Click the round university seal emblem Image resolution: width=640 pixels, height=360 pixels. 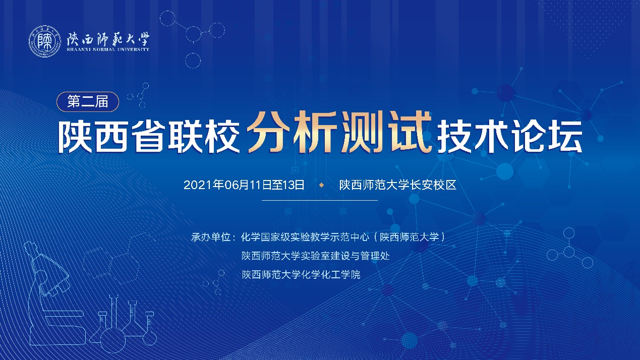(x=45, y=41)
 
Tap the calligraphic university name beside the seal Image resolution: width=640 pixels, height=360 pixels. (x=108, y=39)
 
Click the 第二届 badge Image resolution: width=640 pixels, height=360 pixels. (x=88, y=101)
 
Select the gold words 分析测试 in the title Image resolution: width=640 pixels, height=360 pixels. (x=339, y=132)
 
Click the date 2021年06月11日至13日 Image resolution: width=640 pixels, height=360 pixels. (x=244, y=185)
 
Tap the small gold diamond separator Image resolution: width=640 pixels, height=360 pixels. (x=322, y=186)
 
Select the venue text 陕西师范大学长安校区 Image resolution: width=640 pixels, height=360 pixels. (x=398, y=185)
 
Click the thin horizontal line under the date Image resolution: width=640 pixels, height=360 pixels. (x=320, y=200)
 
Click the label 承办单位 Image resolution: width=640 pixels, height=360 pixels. (x=211, y=237)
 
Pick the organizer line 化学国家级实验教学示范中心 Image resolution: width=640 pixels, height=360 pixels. (x=305, y=237)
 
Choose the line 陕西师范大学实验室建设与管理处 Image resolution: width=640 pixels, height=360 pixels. (x=316, y=256)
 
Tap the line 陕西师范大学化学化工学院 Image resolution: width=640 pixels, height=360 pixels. (x=301, y=275)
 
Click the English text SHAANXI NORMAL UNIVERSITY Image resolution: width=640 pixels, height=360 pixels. (x=108, y=49)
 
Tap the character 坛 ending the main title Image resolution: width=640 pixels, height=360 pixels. (x=565, y=137)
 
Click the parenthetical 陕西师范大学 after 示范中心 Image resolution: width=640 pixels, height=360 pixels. (x=409, y=237)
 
